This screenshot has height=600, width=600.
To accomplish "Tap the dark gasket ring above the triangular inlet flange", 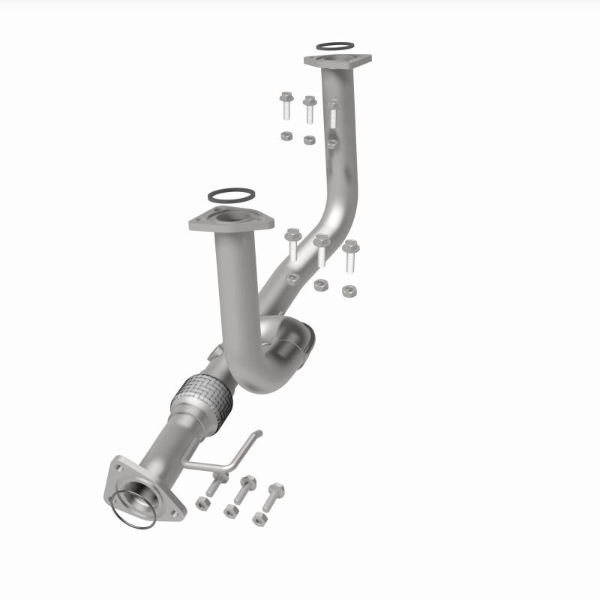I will pyautogui.click(x=229, y=196).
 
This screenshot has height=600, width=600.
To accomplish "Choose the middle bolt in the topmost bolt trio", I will pyautogui.click(x=309, y=109).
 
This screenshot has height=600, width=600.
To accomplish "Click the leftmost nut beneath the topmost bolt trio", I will pyautogui.click(x=286, y=136).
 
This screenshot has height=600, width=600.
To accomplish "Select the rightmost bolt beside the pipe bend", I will pyautogui.click(x=350, y=256).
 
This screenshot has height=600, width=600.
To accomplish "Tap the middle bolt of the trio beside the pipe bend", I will pyautogui.click(x=321, y=250).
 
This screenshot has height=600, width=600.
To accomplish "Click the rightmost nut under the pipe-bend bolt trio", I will pyautogui.click(x=348, y=290).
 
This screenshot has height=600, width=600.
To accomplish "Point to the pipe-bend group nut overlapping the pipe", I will pyautogui.click(x=292, y=279).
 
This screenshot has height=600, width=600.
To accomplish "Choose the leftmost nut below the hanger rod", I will pyautogui.click(x=202, y=503).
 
